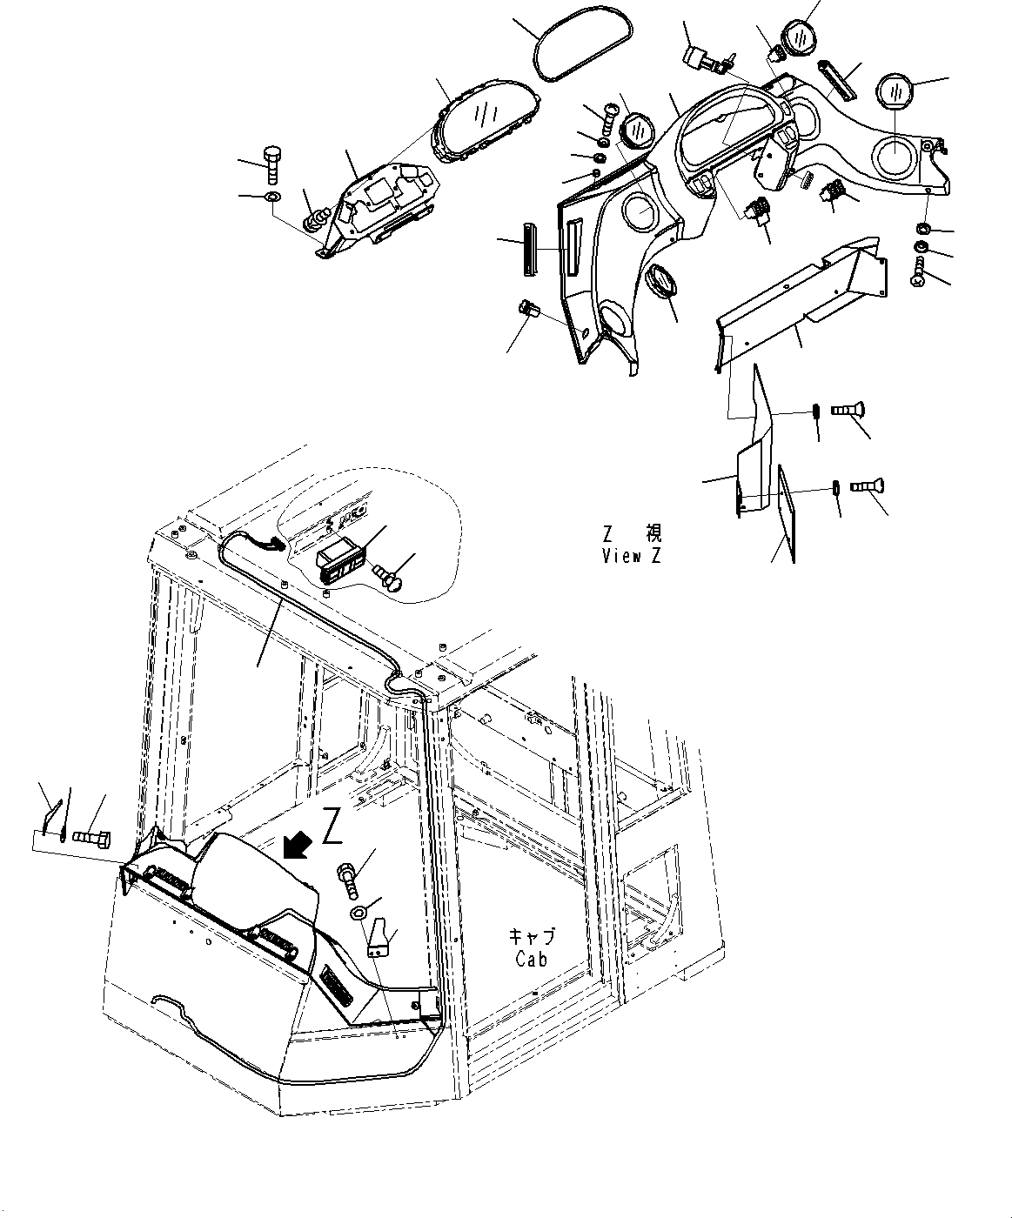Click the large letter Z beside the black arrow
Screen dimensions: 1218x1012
point(332,826)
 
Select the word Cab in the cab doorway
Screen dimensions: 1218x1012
point(531,959)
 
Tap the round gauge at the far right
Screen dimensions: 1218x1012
point(895,91)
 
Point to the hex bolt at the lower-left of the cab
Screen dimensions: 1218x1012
point(90,838)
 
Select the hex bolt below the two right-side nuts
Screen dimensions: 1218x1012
point(920,271)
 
